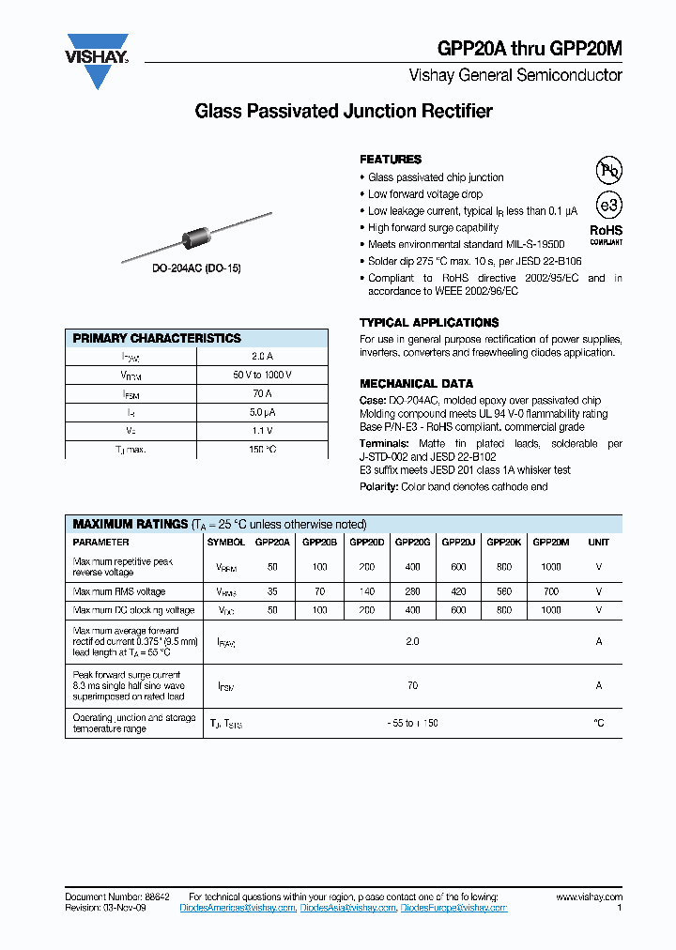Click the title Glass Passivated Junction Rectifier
click(343, 112)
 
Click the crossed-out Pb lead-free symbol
click(609, 170)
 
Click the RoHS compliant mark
click(606, 234)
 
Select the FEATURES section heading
click(391, 160)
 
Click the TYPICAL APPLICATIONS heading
click(429, 322)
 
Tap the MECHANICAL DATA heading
click(416, 383)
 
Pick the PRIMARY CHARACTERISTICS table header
click(157, 338)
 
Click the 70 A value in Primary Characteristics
click(262, 394)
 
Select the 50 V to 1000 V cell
click(262, 375)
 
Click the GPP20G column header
click(412, 542)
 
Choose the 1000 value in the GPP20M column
click(550, 567)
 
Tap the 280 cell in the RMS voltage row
click(412, 591)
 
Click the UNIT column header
click(598, 542)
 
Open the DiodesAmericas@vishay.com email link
click(241, 909)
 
